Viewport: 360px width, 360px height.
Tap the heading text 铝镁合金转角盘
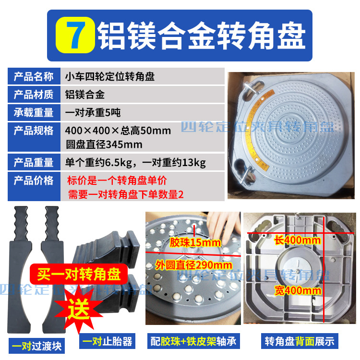pyautogui.click(x=202, y=35)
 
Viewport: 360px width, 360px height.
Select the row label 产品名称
pyautogui.click(x=34, y=77)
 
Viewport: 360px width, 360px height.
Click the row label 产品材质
pyautogui.click(x=34, y=94)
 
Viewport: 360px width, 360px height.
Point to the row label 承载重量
pyautogui.click(x=34, y=113)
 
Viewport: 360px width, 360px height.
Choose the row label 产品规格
pyautogui.click(x=34, y=131)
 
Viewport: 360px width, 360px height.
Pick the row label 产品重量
pyautogui.click(x=34, y=163)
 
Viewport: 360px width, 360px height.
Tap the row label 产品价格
pyautogui.click(x=34, y=181)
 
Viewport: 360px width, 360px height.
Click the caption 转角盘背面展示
pyautogui.click(x=300, y=342)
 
